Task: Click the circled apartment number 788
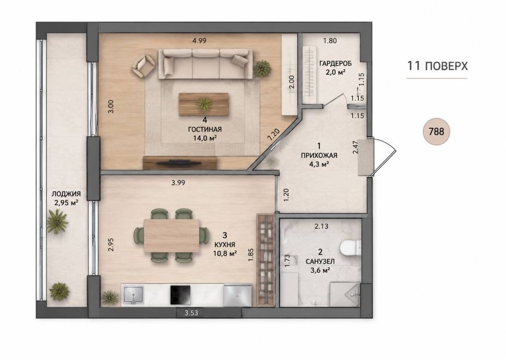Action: [436, 132]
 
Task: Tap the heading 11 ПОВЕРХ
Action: [437, 66]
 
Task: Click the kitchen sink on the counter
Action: [133, 295]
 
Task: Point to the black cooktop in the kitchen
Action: [180, 295]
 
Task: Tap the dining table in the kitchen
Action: [172, 235]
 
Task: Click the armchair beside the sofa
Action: [143, 66]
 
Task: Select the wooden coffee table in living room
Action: [204, 104]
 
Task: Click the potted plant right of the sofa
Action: [262, 69]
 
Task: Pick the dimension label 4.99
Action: [199, 41]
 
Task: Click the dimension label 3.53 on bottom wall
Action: [191, 312]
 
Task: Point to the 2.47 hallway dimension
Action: [355, 147]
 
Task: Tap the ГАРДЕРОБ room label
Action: [335, 63]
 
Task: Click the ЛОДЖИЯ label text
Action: [66, 194]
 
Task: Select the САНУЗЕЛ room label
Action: [320, 261]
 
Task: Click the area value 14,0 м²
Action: [204, 138]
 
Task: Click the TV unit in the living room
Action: [180, 163]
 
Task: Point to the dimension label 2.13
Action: [321, 226]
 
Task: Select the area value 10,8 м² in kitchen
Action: [225, 253]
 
